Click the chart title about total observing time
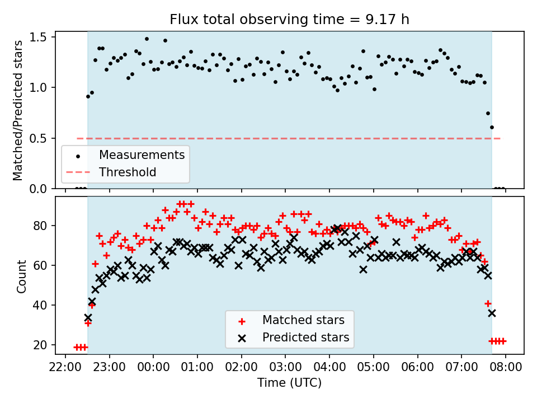click(289, 20)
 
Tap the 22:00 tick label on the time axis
click(65, 367)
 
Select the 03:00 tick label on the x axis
click(285, 367)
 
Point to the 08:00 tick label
click(505, 367)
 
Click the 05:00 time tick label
click(373, 367)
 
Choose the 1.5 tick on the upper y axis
click(43, 37)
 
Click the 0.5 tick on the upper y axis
click(43, 138)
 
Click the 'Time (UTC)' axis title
click(289, 383)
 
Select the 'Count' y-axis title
click(22, 277)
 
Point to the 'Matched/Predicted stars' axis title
click(18, 110)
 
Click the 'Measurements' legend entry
click(142, 154)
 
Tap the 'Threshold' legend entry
click(128, 172)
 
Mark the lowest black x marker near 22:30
click(88, 317)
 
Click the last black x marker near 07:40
click(492, 313)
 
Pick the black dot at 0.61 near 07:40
click(492, 127)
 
